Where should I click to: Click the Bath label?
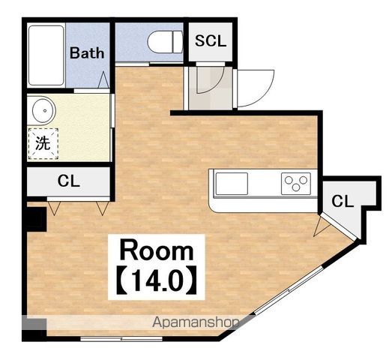(x=87, y=53)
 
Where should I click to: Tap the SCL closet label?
(x=211, y=40)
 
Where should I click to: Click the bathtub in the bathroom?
(x=46, y=55)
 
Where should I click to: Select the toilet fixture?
(x=165, y=42)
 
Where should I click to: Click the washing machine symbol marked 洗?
(x=43, y=143)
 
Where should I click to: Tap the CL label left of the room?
(x=68, y=181)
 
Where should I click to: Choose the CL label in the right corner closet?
(x=343, y=201)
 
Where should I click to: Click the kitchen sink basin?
(x=232, y=184)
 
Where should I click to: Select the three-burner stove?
(x=296, y=184)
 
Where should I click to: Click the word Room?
(x=157, y=250)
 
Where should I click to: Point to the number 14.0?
(x=156, y=280)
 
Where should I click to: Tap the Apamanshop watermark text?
(x=196, y=322)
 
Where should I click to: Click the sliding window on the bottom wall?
(x=121, y=339)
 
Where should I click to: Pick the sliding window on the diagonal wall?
(x=289, y=290)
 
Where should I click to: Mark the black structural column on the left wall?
(x=37, y=220)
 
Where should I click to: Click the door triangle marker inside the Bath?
(x=103, y=79)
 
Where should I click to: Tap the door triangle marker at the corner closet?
(x=321, y=227)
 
